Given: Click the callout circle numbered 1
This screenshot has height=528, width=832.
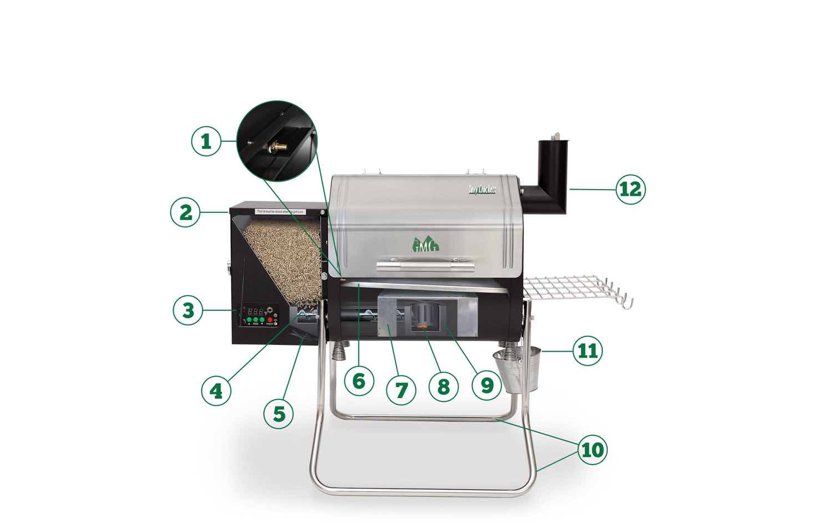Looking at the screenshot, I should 206,141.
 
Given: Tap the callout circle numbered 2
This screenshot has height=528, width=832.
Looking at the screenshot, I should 185,212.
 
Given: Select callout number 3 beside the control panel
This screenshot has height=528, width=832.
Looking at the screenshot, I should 189,310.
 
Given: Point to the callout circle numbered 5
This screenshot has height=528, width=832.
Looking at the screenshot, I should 278,413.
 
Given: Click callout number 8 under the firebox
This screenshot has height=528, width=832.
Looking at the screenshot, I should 443,386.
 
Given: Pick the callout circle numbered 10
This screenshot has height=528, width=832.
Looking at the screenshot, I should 592,450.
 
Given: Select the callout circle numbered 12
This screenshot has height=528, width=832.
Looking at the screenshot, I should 631,189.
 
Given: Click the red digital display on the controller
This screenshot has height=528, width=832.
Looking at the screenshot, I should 255,311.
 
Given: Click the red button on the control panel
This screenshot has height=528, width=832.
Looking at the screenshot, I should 271,321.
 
